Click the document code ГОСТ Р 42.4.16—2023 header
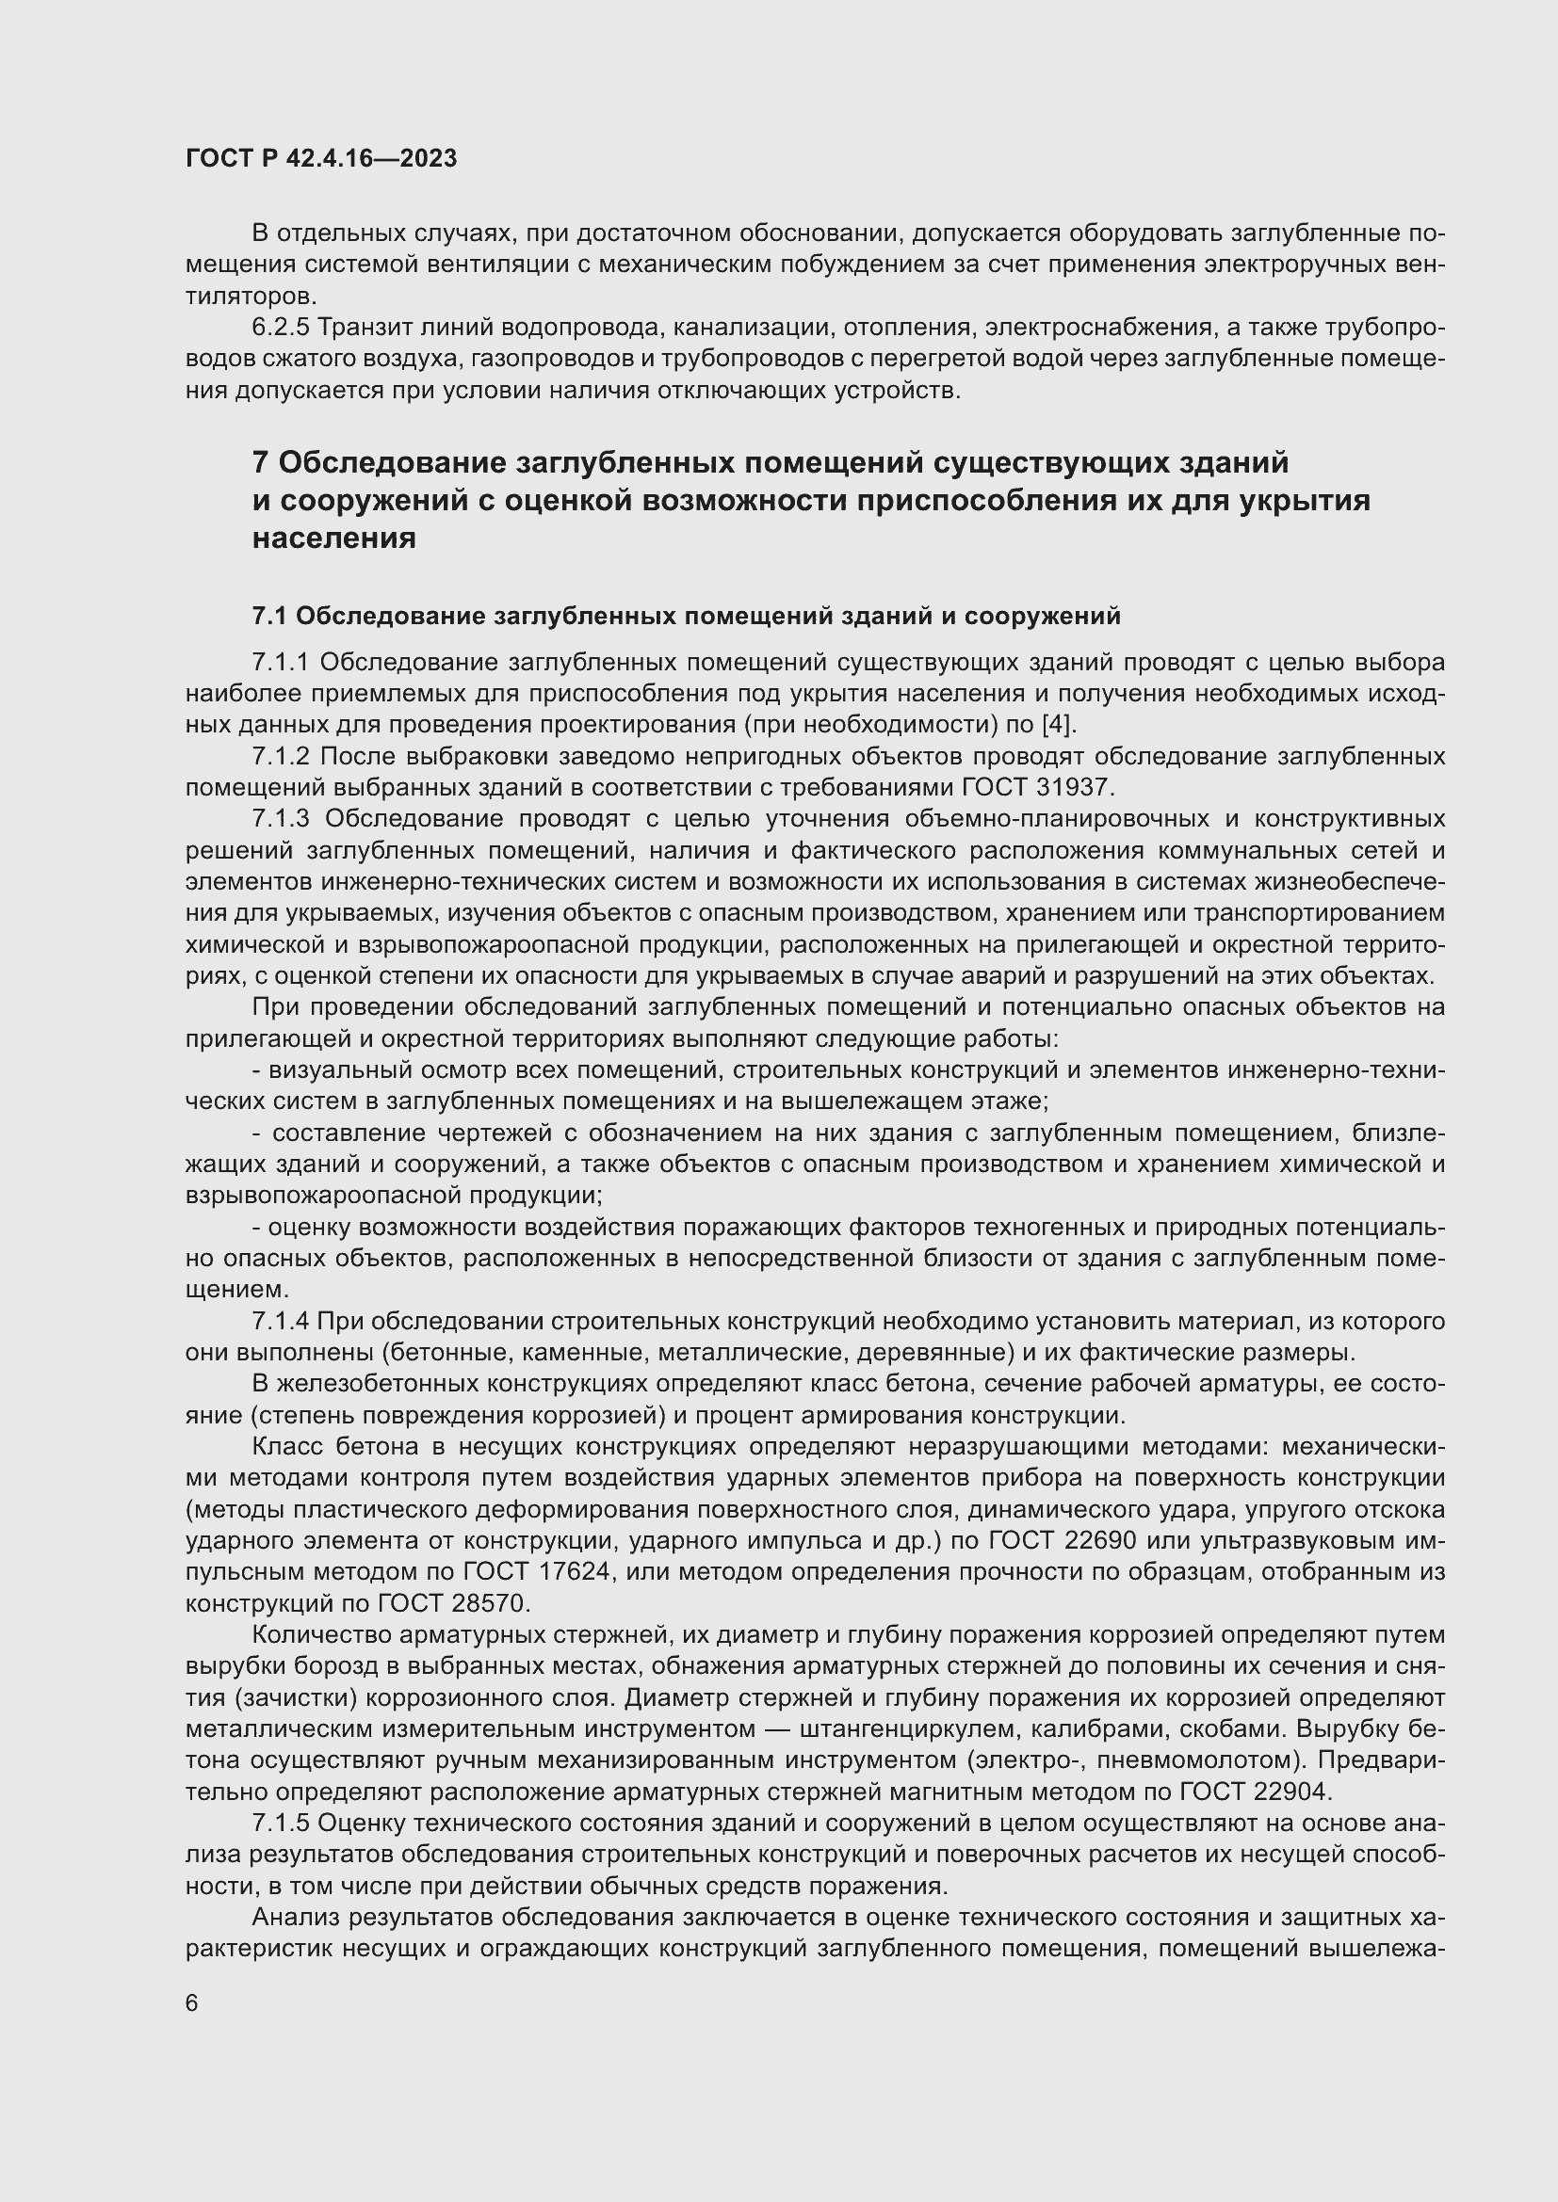[321, 158]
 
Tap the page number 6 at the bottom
[192, 2002]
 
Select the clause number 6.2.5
[281, 328]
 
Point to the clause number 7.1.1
[281, 663]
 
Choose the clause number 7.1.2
[281, 757]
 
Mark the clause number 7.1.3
[282, 819]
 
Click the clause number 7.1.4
[281, 1322]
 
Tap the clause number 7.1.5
[281, 1823]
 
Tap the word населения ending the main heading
[333, 539]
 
